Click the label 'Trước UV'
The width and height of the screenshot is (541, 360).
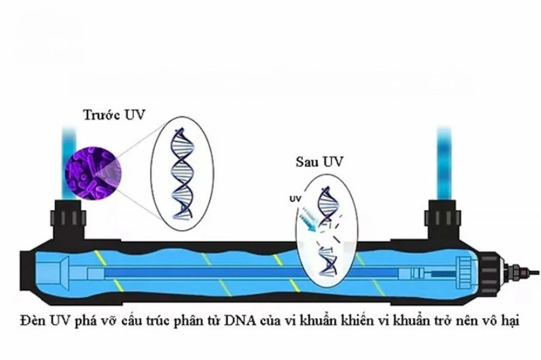point(114,115)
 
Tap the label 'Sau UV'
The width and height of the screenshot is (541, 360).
point(319,162)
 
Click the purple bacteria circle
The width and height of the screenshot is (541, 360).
point(93,174)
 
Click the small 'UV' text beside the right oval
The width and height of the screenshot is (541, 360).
point(295,199)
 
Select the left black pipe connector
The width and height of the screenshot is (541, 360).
point(69,220)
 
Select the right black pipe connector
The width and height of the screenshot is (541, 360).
point(443,220)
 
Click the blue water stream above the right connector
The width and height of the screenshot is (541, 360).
point(444,162)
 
